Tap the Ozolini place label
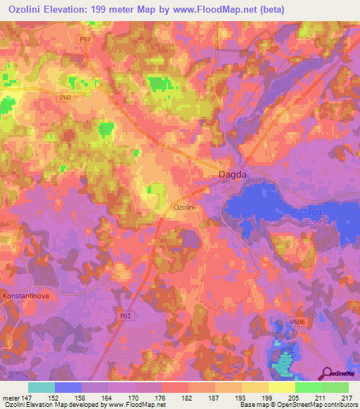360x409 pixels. tap(188, 208)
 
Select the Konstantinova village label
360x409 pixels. tap(26, 296)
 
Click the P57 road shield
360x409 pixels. tap(85, 39)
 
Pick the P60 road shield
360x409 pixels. tap(66, 97)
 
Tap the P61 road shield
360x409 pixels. tap(126, 316)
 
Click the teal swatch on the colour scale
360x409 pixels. tap(41, 387)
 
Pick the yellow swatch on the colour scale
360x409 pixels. tap(282, 387)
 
